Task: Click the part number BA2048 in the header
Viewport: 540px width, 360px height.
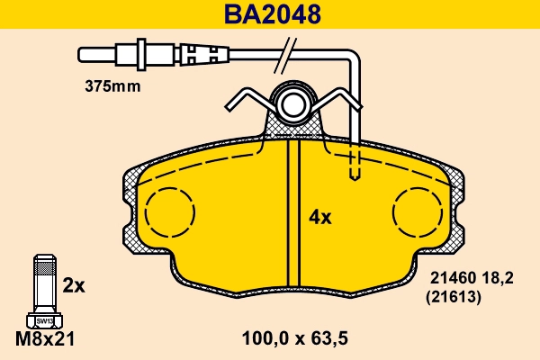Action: click(x=271, y=14)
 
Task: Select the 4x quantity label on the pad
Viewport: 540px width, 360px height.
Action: click(x=320, y=217)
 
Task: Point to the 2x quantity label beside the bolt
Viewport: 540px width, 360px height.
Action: click(x=74, y=286)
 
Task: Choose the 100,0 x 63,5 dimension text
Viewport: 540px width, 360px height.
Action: click(x=295, y=339)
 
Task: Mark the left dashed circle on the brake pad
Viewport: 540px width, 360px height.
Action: click(x=167, y=215)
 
